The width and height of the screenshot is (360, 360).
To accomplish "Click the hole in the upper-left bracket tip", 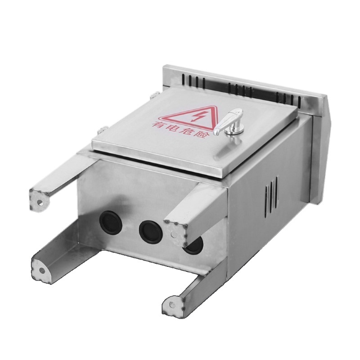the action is pyautogui.click(x=40, y=202).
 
